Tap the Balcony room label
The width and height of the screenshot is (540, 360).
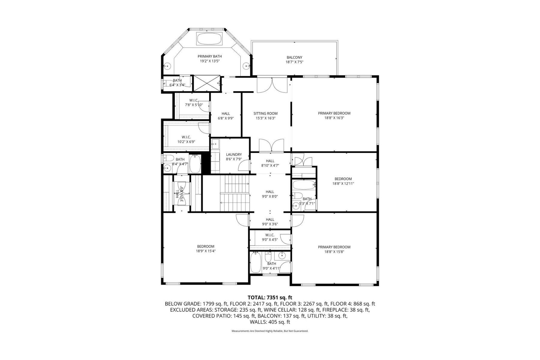point(294,57)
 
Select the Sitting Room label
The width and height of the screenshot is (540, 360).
point(265,113)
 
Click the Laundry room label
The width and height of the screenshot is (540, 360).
point(234,154)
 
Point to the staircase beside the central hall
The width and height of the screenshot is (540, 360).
point(235,194)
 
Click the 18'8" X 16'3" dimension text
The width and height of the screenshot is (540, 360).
point(334,118)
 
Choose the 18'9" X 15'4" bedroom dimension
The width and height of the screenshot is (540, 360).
point(205,251)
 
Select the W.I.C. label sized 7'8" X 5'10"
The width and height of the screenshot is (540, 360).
point(193,100)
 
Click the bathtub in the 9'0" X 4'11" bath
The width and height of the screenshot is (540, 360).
point(256,262)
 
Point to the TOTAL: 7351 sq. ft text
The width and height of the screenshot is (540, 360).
point(270,298)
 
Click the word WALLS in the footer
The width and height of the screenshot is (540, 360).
point(257,322)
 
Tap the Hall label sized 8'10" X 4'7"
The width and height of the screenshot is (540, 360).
point(270,161)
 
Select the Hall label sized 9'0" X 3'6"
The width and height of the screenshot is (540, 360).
point(270,220)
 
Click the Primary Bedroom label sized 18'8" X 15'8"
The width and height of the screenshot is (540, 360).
point(334,247)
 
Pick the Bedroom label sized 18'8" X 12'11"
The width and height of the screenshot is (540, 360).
point(343,179)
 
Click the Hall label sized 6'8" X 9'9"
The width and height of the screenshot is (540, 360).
point(226,113)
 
